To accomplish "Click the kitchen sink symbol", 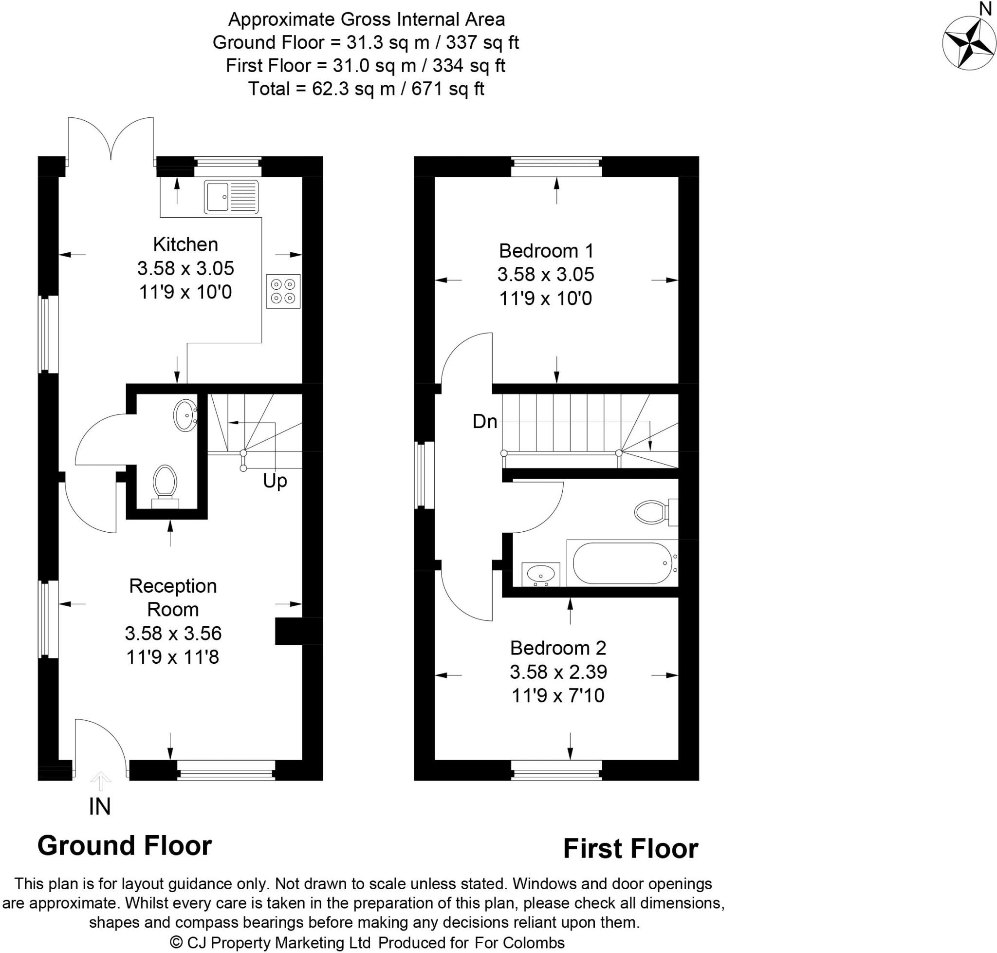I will point(232,197).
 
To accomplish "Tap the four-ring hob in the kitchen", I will point(283,291).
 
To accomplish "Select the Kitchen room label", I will point(185,244).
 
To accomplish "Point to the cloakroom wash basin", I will point(185,415).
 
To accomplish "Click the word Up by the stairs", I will point(275,481).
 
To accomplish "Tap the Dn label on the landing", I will point(484,422).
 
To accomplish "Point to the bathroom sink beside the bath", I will point(540,574).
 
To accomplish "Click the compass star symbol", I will point(969,43).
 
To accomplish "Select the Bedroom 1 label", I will point(546,250).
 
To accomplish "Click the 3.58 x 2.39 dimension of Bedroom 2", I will point(558,672).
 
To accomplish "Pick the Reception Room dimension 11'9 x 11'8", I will point(173,657).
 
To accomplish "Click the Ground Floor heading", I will point(125,846).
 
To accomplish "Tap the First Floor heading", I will point(630,849).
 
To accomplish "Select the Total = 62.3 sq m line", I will point(366,89).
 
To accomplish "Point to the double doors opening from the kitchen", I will point(111,140).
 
